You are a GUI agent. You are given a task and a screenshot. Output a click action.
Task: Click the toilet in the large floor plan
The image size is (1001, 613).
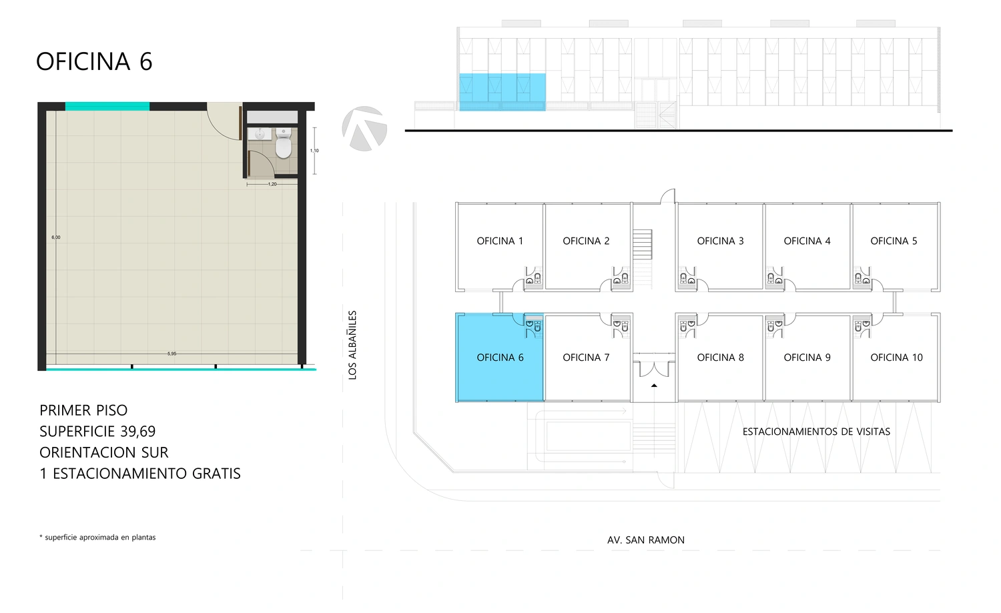284,143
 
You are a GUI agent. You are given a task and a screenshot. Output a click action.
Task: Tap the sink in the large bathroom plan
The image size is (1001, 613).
260,133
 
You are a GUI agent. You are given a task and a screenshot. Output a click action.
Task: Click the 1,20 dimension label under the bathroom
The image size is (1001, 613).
272,184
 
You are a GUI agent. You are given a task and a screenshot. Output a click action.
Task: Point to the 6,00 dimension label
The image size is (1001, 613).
56,237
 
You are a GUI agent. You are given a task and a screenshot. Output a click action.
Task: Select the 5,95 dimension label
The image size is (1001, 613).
172,354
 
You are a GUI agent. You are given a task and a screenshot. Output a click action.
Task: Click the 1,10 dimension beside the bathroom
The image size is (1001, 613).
314,151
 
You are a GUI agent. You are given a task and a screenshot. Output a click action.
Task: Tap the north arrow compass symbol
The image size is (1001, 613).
364,129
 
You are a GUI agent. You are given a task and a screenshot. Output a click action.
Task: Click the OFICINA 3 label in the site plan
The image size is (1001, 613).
720,241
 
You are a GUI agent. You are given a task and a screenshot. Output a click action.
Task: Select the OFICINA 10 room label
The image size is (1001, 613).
896,358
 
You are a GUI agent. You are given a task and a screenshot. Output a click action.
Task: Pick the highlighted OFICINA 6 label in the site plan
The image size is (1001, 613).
500,358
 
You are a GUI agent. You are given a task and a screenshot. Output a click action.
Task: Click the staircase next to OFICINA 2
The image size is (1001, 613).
642,244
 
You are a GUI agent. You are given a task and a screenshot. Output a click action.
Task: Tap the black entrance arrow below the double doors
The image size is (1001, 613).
654,385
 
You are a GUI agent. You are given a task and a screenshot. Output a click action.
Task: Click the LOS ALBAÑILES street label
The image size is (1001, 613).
352,346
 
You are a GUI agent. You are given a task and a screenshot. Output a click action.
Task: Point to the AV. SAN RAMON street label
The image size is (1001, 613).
646,540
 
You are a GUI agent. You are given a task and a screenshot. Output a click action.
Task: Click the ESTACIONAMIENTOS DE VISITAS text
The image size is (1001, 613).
816,432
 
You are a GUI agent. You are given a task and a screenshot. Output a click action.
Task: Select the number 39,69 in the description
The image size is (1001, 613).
139,432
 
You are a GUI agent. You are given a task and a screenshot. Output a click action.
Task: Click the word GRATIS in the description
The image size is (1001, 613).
216,474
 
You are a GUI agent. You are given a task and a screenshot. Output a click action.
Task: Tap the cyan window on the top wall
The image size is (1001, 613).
107,106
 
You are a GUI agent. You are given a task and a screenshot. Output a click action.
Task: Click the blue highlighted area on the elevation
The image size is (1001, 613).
503,92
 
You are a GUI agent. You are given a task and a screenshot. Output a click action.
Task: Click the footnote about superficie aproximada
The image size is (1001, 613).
97,538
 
